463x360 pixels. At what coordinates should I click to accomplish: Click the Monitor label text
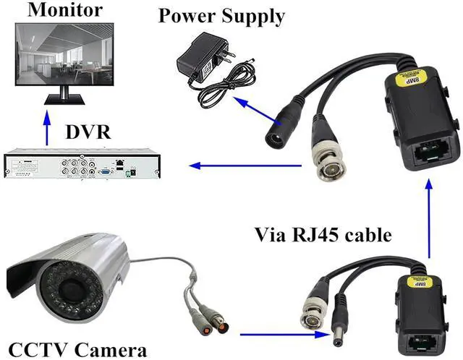(x=54, y=10)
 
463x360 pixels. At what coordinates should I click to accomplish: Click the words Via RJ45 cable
(x=323, y=234)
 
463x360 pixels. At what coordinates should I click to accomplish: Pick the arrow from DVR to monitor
(x=47, y=127)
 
